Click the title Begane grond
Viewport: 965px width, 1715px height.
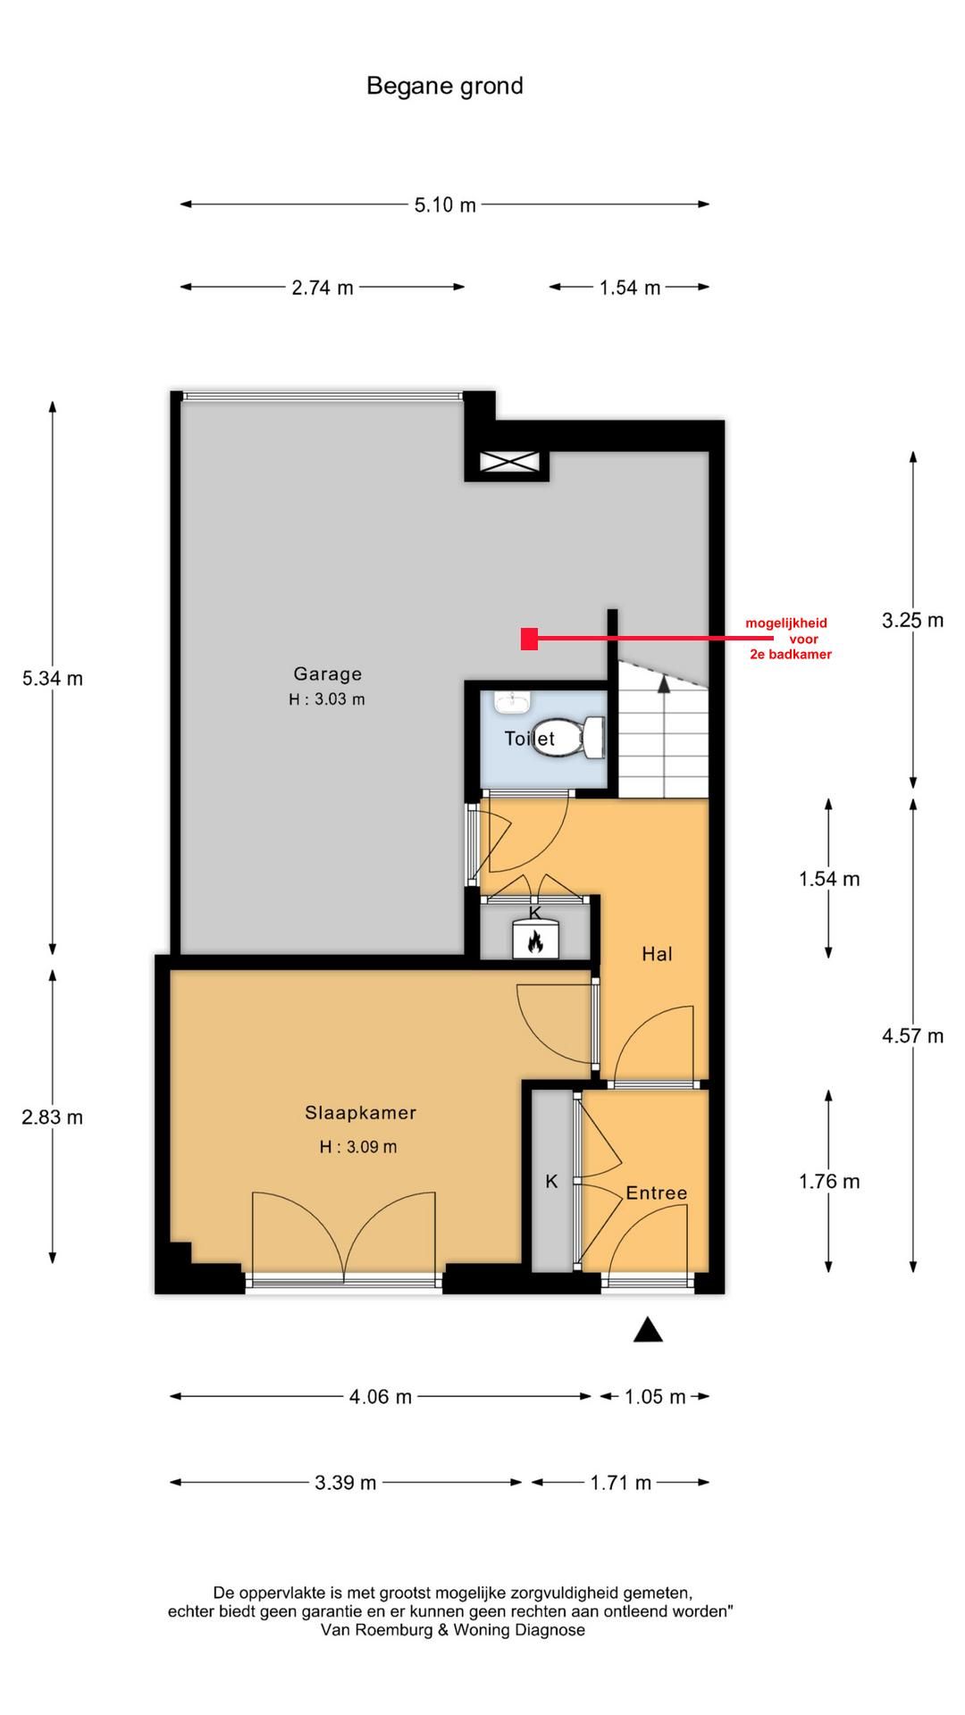point(444,86)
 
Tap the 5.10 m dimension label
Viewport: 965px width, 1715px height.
point(444,205)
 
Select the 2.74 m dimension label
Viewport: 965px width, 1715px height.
point(323,288)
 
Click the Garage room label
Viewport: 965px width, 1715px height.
point(327,674)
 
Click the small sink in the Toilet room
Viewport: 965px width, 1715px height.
point(511,702)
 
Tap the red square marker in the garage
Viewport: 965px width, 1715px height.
point(529,639)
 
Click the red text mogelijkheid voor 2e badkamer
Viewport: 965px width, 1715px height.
point(789,639)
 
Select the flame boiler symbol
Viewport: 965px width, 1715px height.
point(535,940)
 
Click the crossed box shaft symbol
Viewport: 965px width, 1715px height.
point(506,462)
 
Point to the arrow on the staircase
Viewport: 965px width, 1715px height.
point(664,683)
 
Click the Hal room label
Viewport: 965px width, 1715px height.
point(657,954)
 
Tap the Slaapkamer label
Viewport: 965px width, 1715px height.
point(360,1113)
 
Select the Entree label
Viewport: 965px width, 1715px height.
point(656,1193)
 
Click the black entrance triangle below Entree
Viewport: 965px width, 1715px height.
point(648,1331)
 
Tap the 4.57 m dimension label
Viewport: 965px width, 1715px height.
point(912,1036)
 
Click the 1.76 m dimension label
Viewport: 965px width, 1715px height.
point(829,1182)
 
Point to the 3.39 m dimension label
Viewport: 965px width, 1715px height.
point(345,1483)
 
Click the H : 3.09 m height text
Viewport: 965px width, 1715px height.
point(358,1147)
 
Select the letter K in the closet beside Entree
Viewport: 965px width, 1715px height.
point(551,1182)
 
